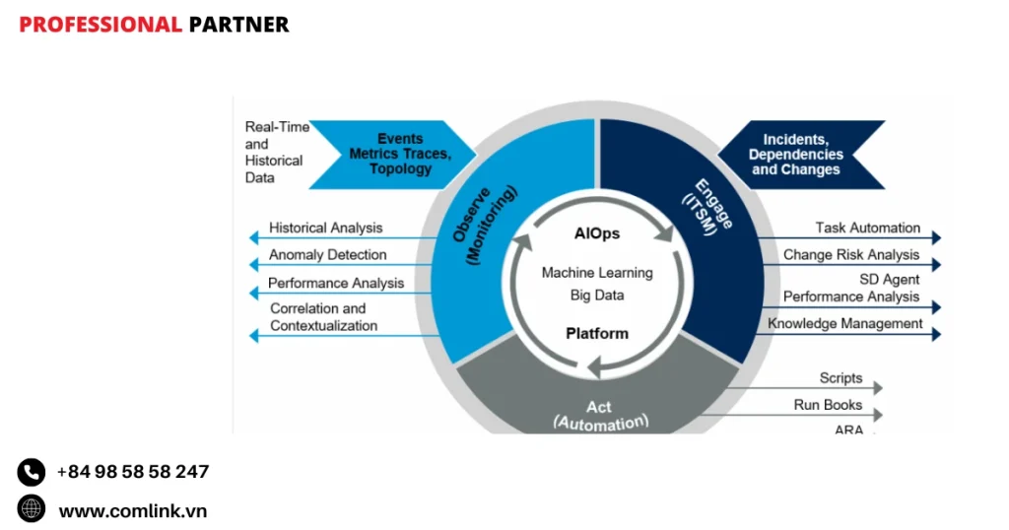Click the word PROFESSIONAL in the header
[101, 25]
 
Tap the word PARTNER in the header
[238, 25]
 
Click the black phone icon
[32, 473]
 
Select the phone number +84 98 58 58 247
[133, 472]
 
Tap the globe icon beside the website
[32, 509]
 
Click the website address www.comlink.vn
[133, 510]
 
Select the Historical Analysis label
[325, 229]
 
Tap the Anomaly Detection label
[327, 255]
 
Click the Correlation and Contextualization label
[323, 317]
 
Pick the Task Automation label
[867, 229]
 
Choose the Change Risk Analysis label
[851, 255]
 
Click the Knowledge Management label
[845, 324]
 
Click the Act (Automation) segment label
[600, 415]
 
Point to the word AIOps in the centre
[597, 234]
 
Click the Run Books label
[828, 405]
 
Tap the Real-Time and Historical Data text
[276, 153]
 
